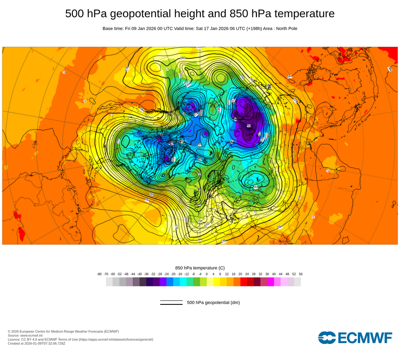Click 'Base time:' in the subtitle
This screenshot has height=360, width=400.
click(113, 28)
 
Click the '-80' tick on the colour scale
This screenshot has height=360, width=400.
click(99, 274)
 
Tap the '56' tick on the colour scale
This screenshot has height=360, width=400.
click(300, 274)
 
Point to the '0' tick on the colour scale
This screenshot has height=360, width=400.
click(206, 274)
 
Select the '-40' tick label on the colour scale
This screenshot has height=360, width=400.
click(140, 274)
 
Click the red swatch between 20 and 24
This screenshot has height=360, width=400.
click(244, 282)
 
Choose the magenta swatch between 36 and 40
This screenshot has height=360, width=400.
click(270, 282)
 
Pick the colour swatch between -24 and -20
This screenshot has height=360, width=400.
click(170, 282)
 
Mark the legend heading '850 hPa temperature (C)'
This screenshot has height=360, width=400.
click(200, 268)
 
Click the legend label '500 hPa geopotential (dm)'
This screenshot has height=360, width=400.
click(213, 302)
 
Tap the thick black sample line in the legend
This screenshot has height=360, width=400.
click(171, 304)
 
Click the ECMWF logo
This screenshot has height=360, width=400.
click(355, 338)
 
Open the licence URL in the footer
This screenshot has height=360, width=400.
click(116, 339)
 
